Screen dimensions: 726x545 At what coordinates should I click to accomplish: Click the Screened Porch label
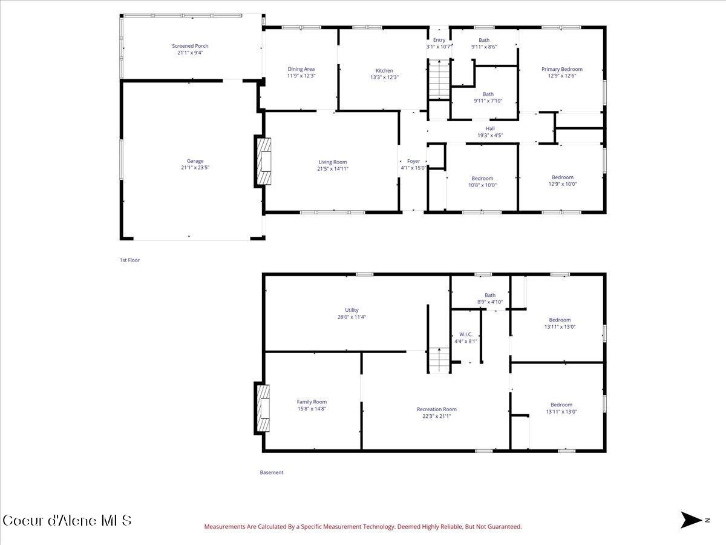190,46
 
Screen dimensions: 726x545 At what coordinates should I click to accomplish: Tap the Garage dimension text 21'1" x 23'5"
195,168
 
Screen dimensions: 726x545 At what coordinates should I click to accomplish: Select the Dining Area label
301,69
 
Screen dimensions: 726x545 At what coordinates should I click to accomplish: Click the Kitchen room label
384,70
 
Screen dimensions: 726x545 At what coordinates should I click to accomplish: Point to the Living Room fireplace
263,161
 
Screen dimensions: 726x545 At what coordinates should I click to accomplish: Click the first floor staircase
439,79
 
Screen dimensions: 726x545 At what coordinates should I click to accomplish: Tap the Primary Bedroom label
562,69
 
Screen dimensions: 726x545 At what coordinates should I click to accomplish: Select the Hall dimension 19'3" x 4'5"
490,135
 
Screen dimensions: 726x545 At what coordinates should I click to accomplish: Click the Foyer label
413,161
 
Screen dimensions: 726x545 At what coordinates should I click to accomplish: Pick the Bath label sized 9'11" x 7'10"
488,97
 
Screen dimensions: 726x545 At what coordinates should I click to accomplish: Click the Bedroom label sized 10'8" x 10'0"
482,182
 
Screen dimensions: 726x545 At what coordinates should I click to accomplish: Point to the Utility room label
352,310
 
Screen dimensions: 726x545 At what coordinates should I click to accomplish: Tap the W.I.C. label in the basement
466,334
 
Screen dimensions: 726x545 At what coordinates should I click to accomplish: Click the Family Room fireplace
262,408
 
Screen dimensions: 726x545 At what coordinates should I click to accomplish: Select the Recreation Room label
437,409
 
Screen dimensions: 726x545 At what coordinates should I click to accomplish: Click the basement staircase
439,360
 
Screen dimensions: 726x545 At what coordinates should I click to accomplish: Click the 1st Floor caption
129,260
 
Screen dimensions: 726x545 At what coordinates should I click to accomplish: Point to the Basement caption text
272,472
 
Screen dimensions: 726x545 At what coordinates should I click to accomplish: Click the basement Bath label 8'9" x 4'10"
490,299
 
